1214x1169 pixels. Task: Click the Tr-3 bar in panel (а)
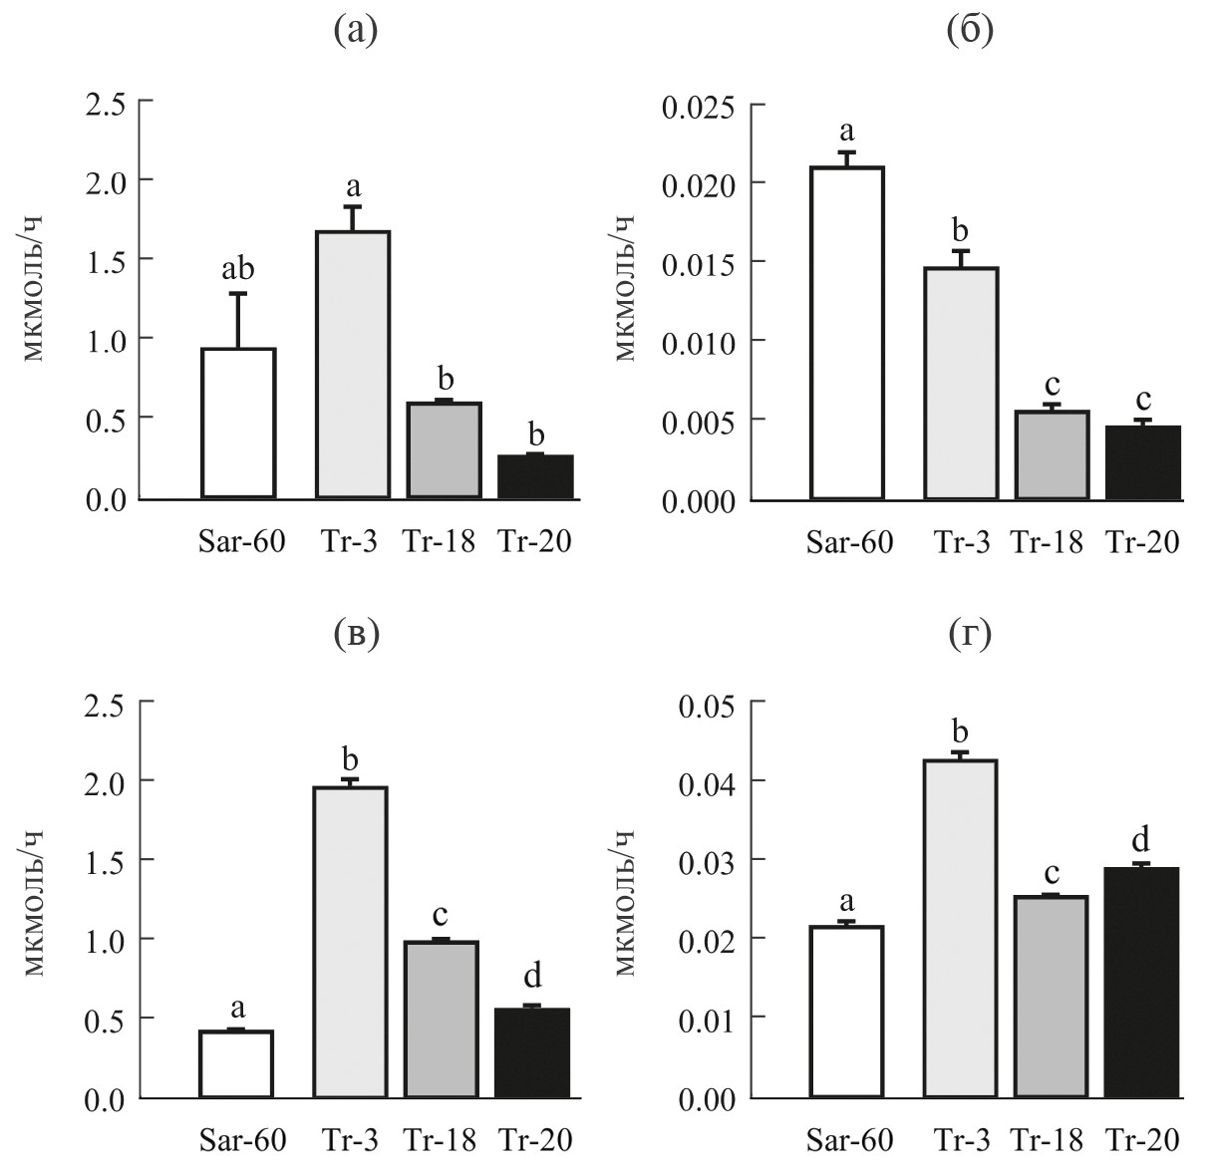[x=353, y=364]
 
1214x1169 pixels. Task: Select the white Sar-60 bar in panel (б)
[x=848, y=333]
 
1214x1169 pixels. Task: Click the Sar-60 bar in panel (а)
[x=238, y=423]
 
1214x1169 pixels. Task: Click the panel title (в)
[x=356, y=635]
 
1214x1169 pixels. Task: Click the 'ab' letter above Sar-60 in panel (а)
[x=237, y=269]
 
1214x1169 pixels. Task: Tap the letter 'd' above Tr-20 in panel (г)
[x=1143, y=836]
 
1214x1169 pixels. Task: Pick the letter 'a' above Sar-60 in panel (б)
[x=848, y=131]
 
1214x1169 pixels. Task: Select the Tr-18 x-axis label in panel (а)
[x=439, y=542]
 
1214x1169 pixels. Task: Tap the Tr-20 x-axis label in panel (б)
[x=1142, y=542]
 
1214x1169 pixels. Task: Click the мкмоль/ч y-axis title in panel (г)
[x=625, y=902]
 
